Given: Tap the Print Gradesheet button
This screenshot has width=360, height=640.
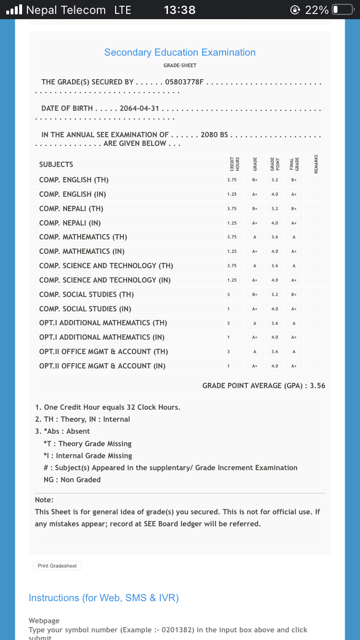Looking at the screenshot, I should (57, 566).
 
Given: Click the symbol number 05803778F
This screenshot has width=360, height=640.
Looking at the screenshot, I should (185, 82).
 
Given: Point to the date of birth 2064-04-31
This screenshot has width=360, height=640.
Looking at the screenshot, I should (139, 108).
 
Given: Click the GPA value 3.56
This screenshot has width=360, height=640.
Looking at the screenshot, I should (318, 385).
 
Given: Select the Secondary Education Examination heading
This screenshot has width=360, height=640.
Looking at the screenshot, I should (180, 52).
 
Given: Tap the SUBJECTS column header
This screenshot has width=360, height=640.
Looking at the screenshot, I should (56, 165).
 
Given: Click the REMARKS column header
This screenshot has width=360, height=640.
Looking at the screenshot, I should (315, 164).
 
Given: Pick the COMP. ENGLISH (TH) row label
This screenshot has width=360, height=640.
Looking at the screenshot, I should (74, 180).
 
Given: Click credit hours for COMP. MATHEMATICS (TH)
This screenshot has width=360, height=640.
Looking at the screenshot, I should (232, 237).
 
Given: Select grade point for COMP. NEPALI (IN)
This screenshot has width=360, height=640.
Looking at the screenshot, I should (275, 223).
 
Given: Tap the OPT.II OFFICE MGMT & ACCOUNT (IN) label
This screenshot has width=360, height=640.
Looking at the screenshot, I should (102, 366).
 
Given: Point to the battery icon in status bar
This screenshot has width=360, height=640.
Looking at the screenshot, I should (342, 10).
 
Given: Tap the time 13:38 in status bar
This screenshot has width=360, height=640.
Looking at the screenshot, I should (180, 10).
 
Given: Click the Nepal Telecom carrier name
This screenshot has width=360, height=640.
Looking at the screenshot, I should (66, 10).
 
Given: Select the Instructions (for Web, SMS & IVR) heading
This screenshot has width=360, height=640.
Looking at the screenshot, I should (104, 598).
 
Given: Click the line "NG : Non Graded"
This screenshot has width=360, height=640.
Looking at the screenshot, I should (72, 479).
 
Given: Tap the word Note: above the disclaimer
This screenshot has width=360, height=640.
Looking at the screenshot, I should (44, 499).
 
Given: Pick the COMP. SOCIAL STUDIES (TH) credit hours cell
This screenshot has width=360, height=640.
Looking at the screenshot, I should (228, 295).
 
